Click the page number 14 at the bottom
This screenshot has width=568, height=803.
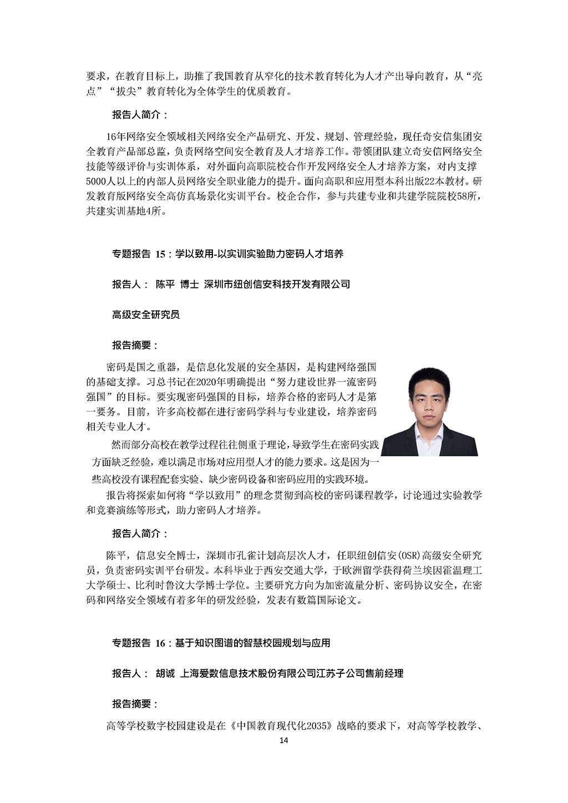(x=283, y=741)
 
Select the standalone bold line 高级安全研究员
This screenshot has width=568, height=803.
(x=146, y=315)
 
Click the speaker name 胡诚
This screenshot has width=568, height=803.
(x=165, y=674)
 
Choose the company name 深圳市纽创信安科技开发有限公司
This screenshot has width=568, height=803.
(x=277, y=284)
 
